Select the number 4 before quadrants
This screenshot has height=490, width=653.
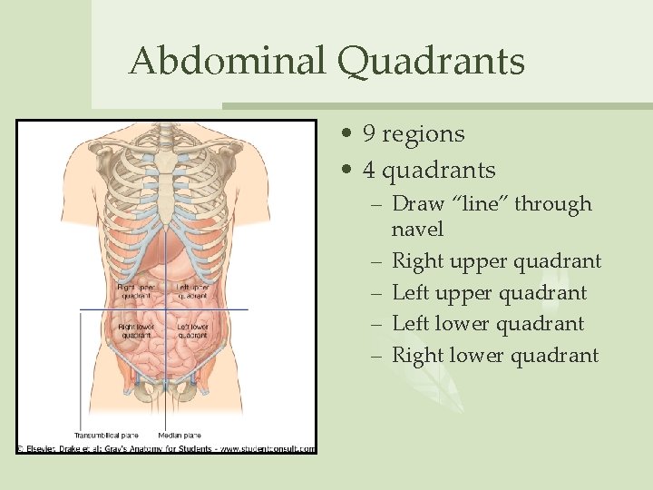[x=369, y=171]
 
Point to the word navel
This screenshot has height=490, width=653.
[x=417, y=229]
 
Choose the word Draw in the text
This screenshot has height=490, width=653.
[x=416, y=205]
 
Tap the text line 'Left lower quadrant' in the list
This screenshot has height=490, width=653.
[x=487, y=324]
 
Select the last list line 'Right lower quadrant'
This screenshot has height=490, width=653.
[x=494, y=355]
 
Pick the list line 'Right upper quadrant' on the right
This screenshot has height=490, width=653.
[x=496, y=261]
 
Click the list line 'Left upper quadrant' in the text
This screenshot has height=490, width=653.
[x=489, y=293]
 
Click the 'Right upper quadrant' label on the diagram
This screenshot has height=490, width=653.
[x=135, y=291]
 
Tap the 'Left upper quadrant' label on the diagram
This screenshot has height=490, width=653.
[x=192, y=291]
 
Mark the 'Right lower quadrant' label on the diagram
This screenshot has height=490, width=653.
[x=135, y=331]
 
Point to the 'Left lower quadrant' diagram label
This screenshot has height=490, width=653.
[x=194, y=331]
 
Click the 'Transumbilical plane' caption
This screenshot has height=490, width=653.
[x=107, y=435]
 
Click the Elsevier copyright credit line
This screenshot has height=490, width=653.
[x=166, y=448]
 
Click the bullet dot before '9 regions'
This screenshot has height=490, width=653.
[x=348, y=135]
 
